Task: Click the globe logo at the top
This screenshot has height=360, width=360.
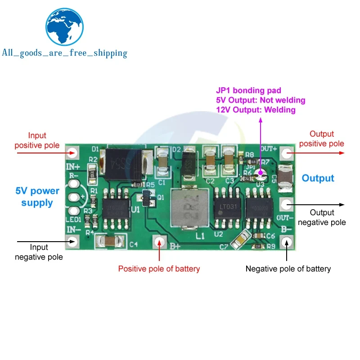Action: (66, 27)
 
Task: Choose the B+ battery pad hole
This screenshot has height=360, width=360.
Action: (159, 242)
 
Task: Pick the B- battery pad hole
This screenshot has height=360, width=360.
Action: (286, 242)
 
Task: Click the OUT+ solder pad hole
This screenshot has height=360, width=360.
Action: (286, 153)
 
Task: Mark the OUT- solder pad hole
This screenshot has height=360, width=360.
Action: (286, 205)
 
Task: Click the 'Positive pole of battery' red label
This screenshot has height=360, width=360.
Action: (159, 269)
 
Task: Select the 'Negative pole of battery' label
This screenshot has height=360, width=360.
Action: (288, 269)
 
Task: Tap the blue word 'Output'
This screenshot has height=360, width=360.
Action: (318, 178)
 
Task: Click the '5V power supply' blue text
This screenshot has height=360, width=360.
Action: (37, 197)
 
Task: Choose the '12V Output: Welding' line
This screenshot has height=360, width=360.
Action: (256, 110)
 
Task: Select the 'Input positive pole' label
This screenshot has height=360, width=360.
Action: (37, 140)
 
